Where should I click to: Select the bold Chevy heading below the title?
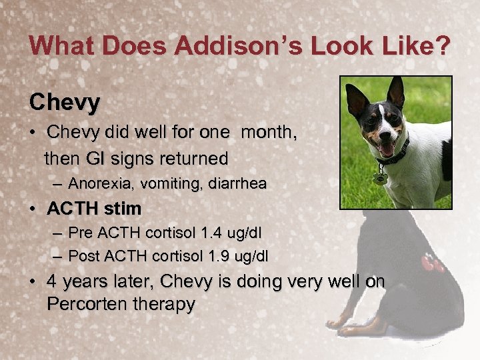65,102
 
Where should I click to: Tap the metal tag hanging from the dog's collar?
381,178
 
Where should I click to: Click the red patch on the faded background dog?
431,263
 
